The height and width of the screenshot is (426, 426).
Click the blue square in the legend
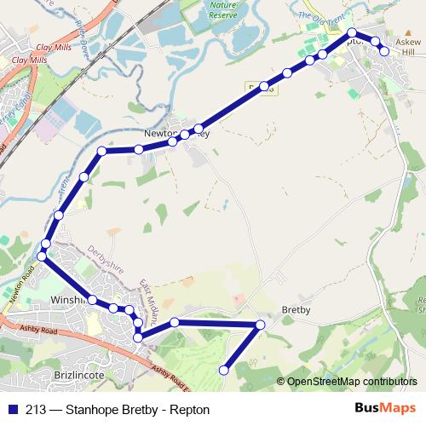14,409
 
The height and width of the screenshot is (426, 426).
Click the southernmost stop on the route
225,370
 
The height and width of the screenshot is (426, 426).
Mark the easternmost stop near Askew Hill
384,51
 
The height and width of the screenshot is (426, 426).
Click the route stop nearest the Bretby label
261,325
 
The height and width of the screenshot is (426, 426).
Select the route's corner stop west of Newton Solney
101,152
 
